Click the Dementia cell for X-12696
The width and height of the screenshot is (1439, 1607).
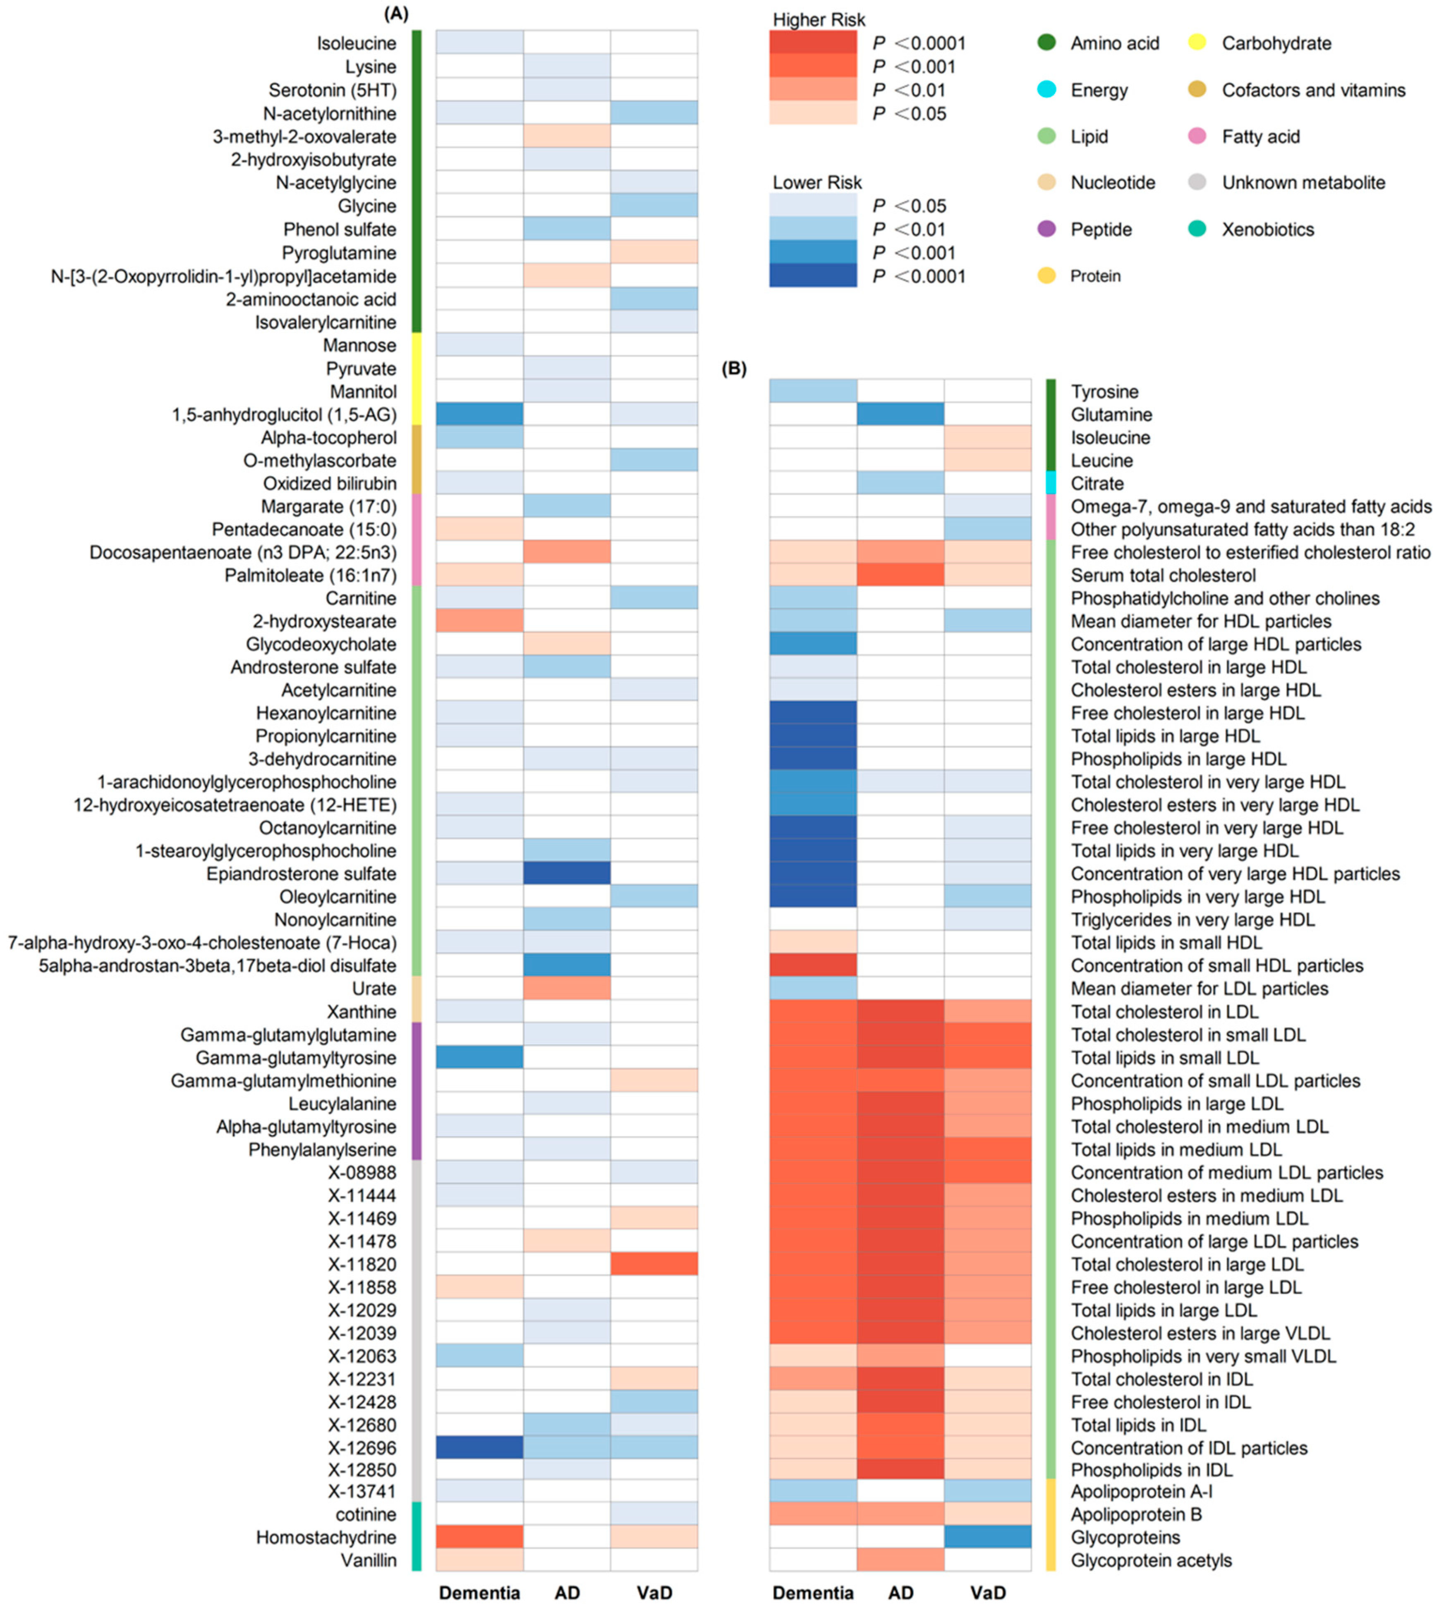point(479,1447)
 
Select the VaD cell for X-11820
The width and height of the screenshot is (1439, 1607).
point(654,1264)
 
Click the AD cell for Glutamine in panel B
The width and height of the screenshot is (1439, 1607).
point(900,414)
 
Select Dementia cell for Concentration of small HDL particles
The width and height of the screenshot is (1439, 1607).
point(813,965)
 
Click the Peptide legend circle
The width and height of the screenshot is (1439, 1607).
point(1047,229)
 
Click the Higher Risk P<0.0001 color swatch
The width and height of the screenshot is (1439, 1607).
point(813,43)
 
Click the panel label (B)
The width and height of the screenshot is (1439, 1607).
point(734,368)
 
